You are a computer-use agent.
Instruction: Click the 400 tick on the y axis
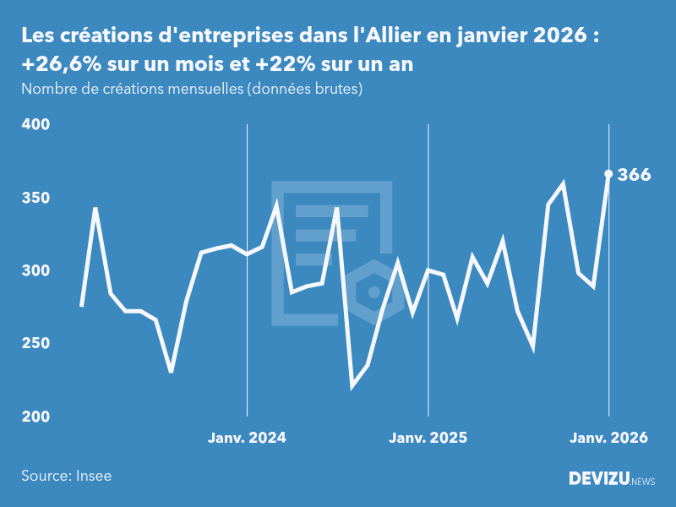pyautogui.click(x=35, y=124)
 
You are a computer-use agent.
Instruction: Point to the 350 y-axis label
pyautogui.click(x=35, y=198)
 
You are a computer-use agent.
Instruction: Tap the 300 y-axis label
pyautogui.click(x=35, y=270)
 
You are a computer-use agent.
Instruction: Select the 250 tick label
pyautogui.click(x=35, y=344)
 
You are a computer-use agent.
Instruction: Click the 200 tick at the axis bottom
pyautogui.click(x=35, y=417)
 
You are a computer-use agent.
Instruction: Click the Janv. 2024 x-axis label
pyautogui.click(x=247, y=438)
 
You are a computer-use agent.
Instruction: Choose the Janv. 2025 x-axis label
pyautogui.click(x=428, y=438)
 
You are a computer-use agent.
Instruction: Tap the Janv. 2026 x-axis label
pyautogui.click(x=608, y=438)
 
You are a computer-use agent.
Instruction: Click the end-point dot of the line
pyautogui.click(x=608, y=174)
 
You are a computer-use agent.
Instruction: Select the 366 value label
pyautogui.click(x=634, y=175)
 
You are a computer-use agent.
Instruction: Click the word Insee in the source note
pyautogui.click(x=93, y=476)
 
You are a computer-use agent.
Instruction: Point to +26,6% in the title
pyautogui.click(x=56, y=65)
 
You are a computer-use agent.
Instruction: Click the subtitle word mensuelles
pyautogui.click(x=202, y=89)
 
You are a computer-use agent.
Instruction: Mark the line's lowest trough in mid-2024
pyautogui.click(x=352, y=387)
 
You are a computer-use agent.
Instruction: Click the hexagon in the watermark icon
pyautogui.click(x=373, y=292)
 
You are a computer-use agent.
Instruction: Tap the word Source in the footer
pyautogui.click(x=43, y=476)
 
